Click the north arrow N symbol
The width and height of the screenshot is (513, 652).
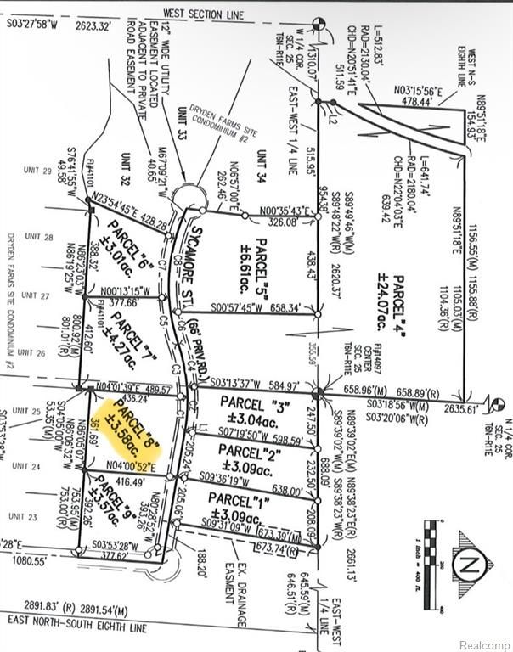click(x=476, y=563)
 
